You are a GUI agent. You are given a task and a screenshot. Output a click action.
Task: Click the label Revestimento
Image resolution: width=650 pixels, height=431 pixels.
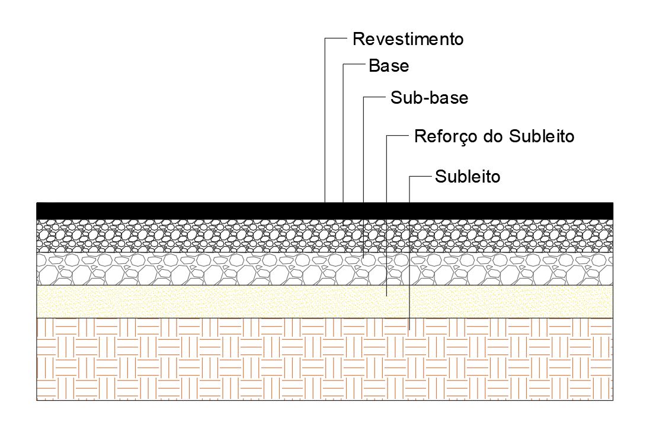pyautogui.click(x=408, y=40)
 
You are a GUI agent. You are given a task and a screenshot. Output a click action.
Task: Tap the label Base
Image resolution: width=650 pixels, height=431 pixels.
pyautogui.click(x=389, y=65)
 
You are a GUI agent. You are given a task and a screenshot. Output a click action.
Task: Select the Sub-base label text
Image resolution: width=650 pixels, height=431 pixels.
pyautogui.click(x=429, y=98)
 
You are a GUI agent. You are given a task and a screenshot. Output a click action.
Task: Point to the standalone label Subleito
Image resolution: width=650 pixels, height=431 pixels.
pyautogui.click(x=468, y=176)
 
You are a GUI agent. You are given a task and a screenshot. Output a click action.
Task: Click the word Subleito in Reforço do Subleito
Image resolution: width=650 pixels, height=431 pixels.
pyautogui.click(x=542, y=136)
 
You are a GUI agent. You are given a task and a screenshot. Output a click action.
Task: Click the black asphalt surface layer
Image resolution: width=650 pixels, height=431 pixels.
pyautogui.click(x=178, y=210)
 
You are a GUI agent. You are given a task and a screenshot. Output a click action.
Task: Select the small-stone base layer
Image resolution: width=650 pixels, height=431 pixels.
pyautogui.click(x=178, y=236)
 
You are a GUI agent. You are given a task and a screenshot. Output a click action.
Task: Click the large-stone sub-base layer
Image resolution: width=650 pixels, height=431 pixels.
pyautogui.click(x=178, y=269)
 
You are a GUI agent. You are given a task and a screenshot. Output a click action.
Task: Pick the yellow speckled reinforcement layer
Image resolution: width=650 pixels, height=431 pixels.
pyautogui.click(x=178, y=302)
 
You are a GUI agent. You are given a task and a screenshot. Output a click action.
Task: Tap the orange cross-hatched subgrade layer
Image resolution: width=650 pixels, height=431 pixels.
pyautogui.click(x=178, y=359)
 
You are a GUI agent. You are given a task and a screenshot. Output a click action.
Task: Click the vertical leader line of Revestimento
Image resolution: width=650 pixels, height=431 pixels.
pyautogui.click(x=325, y=119)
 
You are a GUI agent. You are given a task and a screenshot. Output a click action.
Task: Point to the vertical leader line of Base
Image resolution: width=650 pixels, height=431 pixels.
pyautogui.click(x=344, y=130)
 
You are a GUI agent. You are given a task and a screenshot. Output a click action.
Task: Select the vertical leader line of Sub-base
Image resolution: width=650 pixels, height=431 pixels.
pyautogui.click(x=363, y=148)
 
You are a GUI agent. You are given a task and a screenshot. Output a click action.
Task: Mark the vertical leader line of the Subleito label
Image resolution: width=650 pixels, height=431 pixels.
pyautogui.click(x=409, y=190)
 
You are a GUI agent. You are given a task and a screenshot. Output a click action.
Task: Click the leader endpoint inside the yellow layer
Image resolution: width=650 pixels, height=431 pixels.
pyautogui.click(x=386, y=295)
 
